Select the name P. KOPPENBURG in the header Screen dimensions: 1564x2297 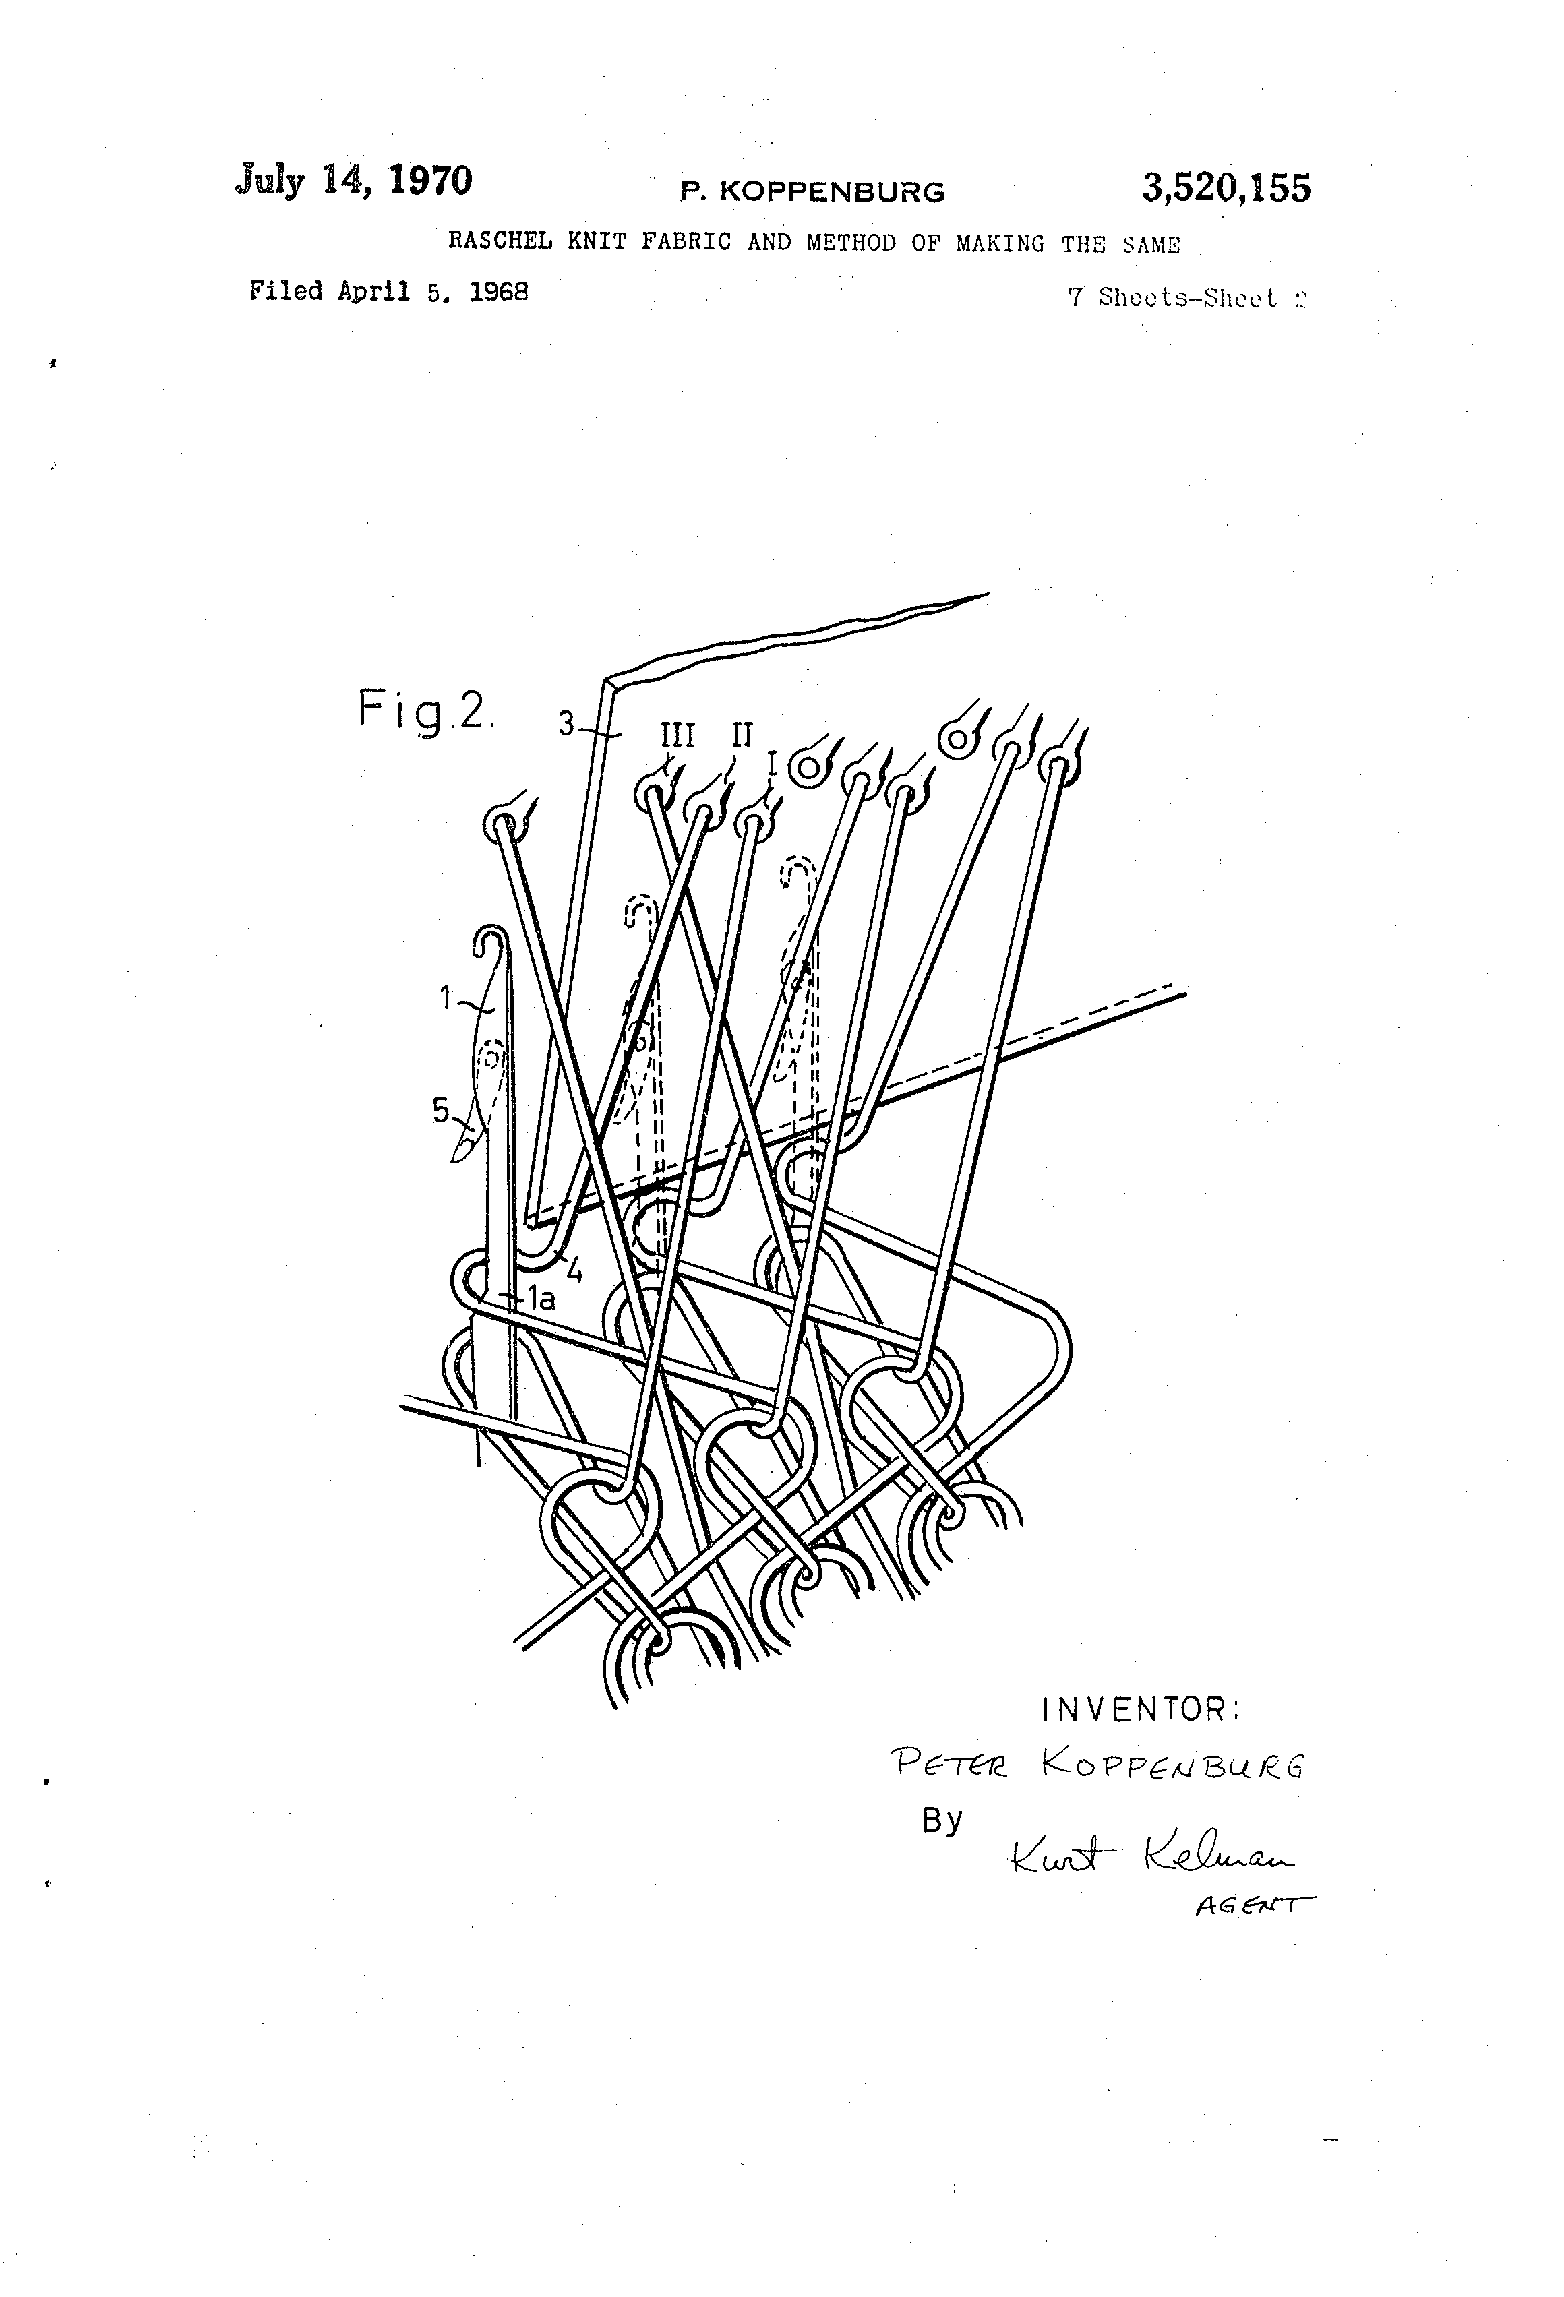812,191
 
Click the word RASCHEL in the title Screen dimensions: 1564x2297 500,242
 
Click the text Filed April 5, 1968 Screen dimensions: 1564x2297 388,292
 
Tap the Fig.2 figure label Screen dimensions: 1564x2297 423,710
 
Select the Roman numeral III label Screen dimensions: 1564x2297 678,735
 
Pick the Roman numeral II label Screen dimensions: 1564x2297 742,735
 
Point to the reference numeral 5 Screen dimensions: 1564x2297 440,1111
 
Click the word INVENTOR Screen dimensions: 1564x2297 1140,1709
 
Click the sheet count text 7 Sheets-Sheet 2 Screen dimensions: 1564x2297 1186,297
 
